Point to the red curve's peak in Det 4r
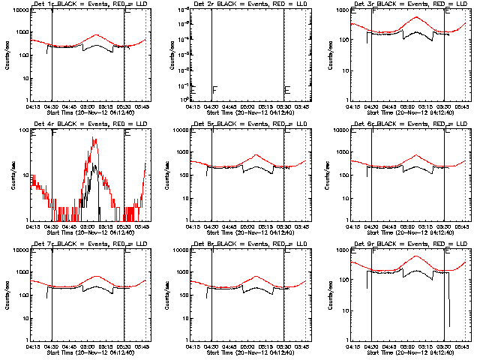95,138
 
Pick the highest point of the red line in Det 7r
97,276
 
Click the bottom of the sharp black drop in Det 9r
449,326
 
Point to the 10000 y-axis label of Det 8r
181,250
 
